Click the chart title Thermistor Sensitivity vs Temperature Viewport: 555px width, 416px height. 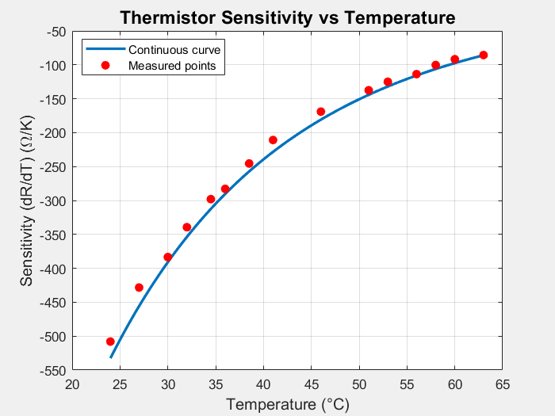click(x=287, y=17)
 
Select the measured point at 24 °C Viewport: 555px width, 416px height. click(x=110, y=342)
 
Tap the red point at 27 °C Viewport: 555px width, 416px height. click(x=139, y=288)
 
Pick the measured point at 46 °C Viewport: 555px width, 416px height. click(x=321, y=112)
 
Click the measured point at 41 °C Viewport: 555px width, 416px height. click(x=273, y=140)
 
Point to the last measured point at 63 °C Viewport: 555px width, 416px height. click(x=484, y=55)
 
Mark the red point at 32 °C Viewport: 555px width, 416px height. click(x=187, y=227)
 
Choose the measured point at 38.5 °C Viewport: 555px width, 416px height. click(x=249, y=164)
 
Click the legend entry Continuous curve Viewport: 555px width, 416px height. click(x=174, y=50)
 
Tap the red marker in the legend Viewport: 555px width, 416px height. click(x=105, y=65)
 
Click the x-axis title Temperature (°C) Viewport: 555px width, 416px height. click(x=287, y=404)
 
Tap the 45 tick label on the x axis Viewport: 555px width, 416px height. click(x=312, y=384)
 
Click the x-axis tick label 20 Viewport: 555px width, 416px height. click(x=72, y=384)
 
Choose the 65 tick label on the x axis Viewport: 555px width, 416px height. click(x=503, y=384)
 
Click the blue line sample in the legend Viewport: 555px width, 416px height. click(x=105, y=50)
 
